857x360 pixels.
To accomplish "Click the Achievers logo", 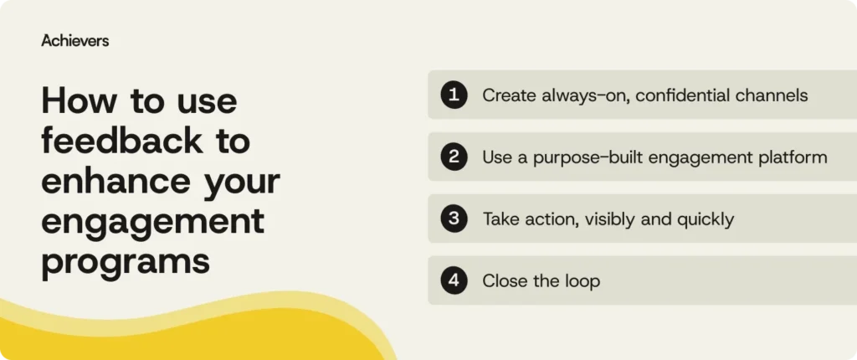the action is pyautogui.click(x=74, y=40).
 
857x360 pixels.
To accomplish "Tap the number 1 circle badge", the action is pyautogui.click(x=454, y=95).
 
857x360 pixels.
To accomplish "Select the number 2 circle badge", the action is pyautogui.click(x=454, y=157).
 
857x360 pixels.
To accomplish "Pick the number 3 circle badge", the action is pyautogui.click(x=454, y=219).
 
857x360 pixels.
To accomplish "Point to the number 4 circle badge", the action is pyautogui.click(x=454, y=280).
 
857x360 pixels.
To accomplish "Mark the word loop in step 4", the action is pyautogui.click(x=581, y=281).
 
